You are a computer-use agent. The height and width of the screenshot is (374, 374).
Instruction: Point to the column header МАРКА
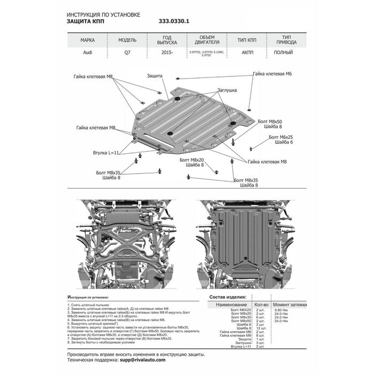[x=88, y=40]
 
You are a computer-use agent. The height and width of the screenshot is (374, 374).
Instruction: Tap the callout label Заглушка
[x=227, y=90]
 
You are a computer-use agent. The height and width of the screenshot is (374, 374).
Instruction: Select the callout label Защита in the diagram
[x=155, y=76]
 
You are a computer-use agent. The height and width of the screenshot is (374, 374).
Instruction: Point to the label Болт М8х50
[x=268, y=121]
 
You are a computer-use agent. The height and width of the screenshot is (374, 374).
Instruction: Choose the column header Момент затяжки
[x=292, y=303]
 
